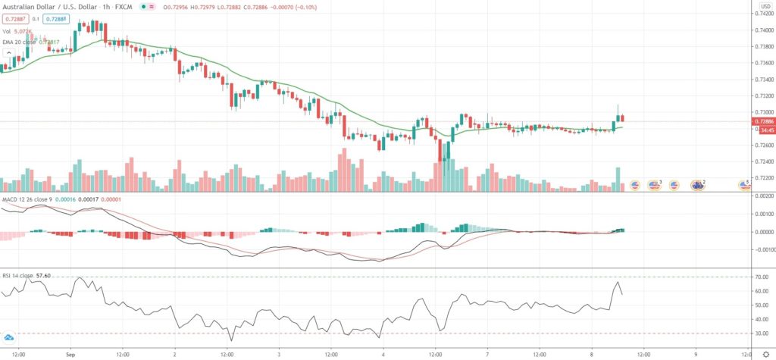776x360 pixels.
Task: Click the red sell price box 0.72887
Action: click(14, 18)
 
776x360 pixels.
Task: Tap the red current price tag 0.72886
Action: click(762, 121)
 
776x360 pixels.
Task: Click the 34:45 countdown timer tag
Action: click(762, 129)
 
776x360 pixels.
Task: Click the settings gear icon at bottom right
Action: click(765, 353)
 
